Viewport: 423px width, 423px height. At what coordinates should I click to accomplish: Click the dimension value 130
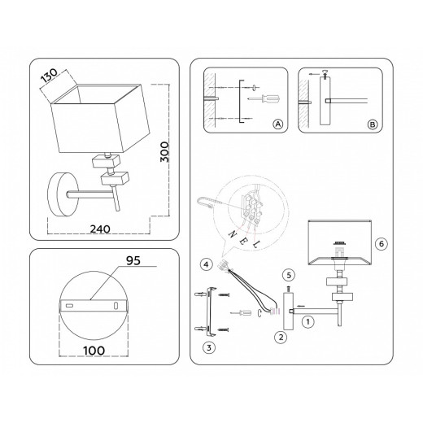click(49, 75)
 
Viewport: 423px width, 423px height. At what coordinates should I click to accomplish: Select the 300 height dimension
click(164, 152)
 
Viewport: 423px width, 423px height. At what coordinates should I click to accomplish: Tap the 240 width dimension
click(100, 229)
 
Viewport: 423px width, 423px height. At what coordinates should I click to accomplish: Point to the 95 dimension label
click(133, 260)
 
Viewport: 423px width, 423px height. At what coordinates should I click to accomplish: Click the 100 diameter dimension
click(94, 351)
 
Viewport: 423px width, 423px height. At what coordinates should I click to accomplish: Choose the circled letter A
click(277, 124)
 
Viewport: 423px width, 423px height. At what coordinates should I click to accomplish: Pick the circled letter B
click(373, 124)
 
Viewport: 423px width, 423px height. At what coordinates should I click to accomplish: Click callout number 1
click(307, 322)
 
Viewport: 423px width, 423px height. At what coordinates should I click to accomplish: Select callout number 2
click(281, 338)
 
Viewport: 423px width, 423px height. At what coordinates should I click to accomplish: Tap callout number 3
click(209, 347)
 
